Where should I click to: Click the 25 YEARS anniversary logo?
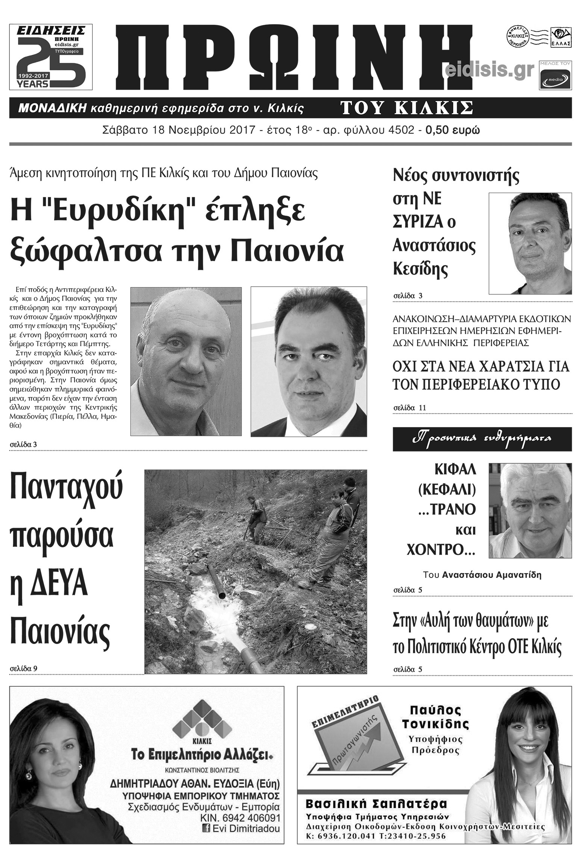(51, 57)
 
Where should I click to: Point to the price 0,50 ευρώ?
(452, 131)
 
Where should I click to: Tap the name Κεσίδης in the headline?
(420, 269)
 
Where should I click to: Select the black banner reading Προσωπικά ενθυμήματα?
(482, 439)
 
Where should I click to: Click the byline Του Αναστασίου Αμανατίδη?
(482, 575)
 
